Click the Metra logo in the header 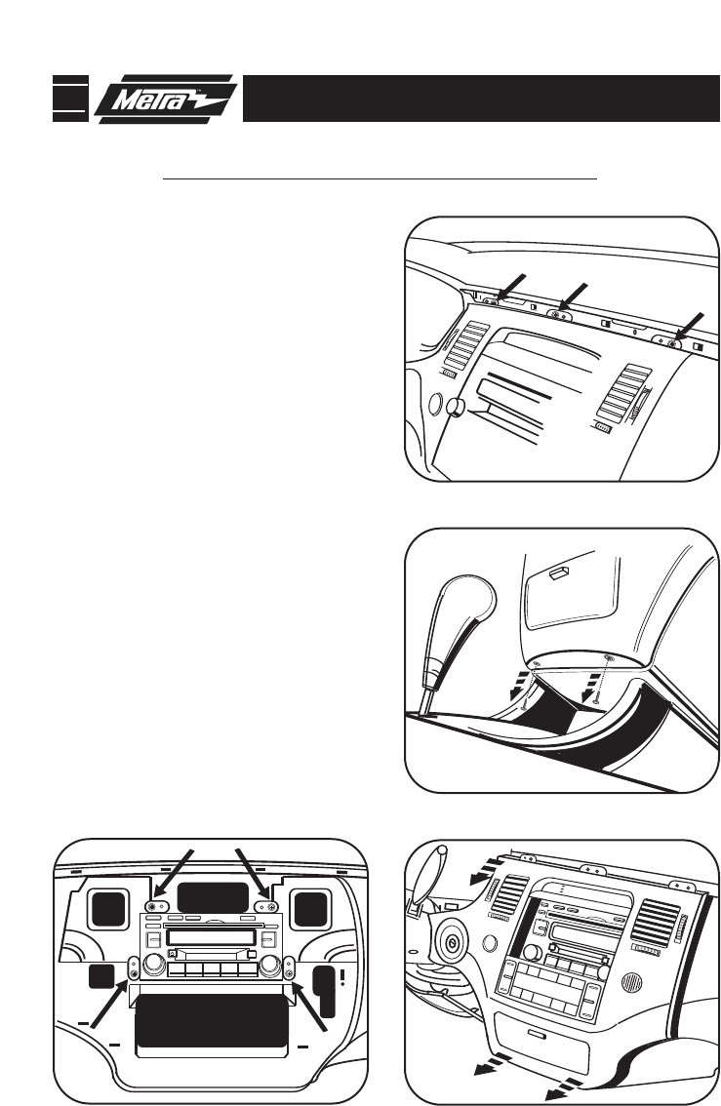[167, 99]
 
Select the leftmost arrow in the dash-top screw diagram [510, 288]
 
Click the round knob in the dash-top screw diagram [454, 409]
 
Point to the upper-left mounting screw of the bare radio [152, 906]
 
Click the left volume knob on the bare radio [153, 967]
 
